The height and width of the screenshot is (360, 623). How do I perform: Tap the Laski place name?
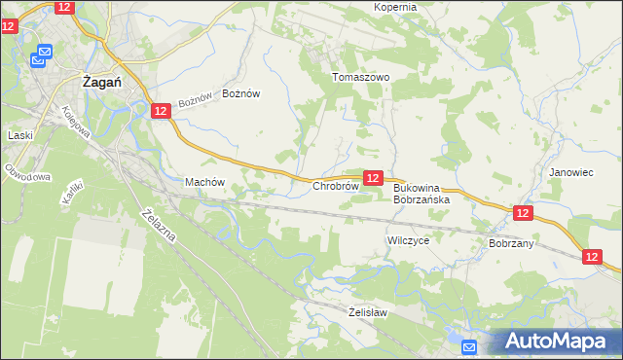pos(20,135)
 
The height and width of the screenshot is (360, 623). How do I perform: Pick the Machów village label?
pos(204,182)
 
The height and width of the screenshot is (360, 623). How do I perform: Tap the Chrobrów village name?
pos(337,185)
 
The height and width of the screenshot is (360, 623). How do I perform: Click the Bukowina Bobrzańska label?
pos(421,193)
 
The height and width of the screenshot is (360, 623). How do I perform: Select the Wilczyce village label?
pos(408,239)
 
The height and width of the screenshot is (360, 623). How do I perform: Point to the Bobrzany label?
pos(512,243)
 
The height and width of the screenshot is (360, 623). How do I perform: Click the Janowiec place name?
pos(570,172)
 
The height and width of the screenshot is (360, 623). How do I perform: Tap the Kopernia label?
pos(395,7)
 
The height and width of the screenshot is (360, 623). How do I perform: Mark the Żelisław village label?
pos(368,312)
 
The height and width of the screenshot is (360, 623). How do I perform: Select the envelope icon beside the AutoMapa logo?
pos(468,346)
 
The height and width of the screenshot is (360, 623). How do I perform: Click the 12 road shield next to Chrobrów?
pos(372,178)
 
